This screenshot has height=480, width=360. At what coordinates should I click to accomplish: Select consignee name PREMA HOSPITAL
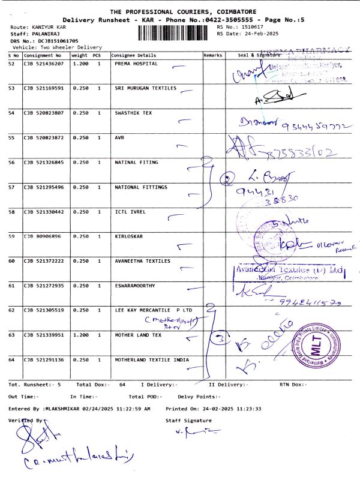click(x=136, y=63)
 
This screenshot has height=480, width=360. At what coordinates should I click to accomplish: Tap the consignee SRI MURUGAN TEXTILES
click(x=146, y=88)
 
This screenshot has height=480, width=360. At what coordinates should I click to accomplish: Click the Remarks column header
click(x=213, y=55)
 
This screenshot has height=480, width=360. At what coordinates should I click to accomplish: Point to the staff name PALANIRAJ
click(x=40, y=34)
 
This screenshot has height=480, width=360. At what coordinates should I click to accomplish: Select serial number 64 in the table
click(x=12, y=360)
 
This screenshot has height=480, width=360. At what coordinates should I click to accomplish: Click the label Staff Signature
click(x=188, y=421)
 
